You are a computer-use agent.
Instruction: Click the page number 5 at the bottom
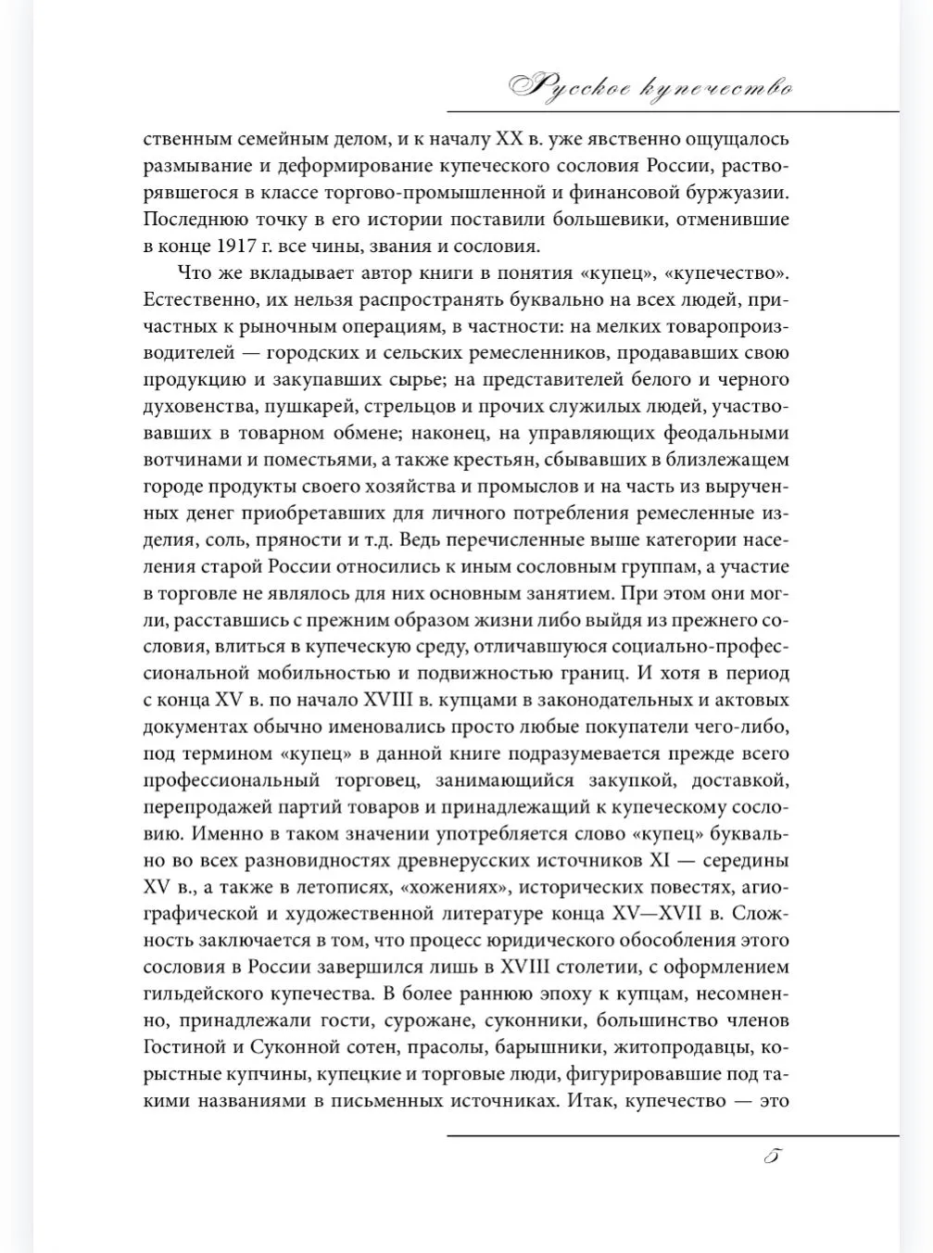[775, 1158]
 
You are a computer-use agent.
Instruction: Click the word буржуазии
[736, 194]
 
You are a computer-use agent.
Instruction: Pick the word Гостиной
[181, 1047]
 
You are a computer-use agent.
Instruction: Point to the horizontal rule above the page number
[673, 1134]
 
